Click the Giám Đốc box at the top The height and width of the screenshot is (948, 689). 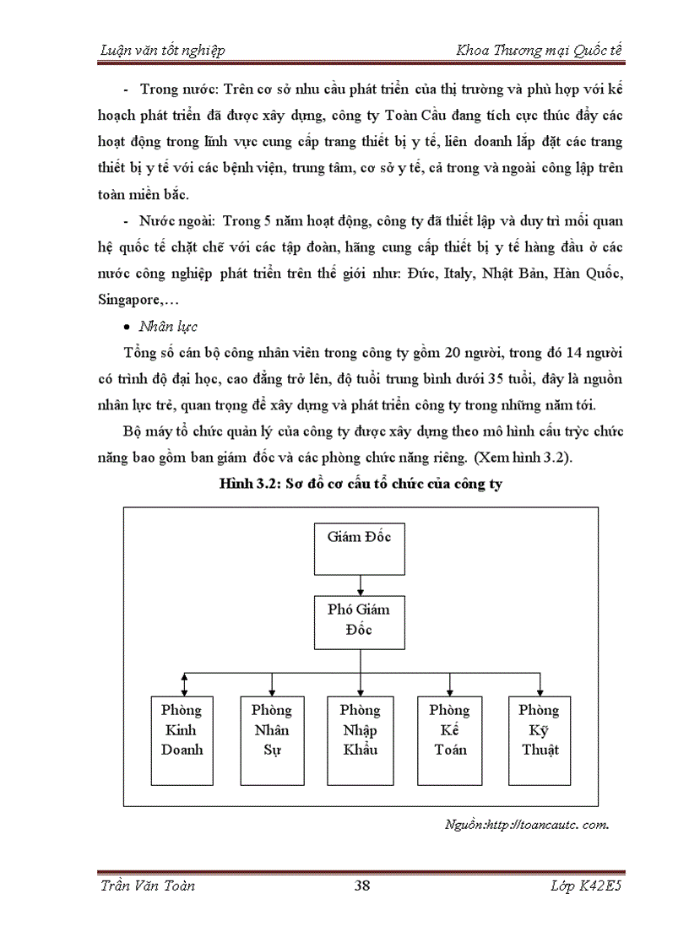[x=360, y=548]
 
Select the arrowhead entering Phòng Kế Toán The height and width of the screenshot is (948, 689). [x=450, y=691]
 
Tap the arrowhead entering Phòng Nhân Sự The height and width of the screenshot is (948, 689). [x=272, y=691]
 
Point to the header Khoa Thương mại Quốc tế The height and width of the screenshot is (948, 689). [x=539, y=50]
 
